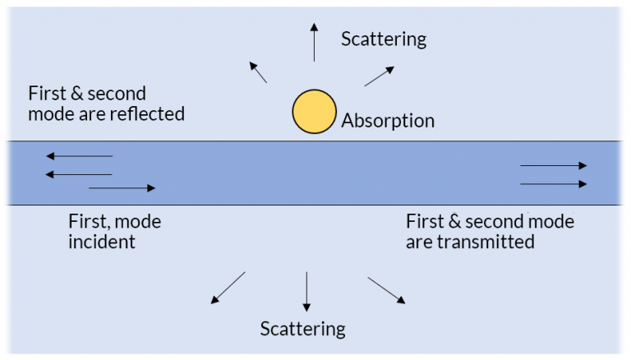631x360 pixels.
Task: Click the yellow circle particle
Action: click(314, 112)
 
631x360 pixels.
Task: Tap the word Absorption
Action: click(388, 122)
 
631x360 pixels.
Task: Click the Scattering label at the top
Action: click(384, 39)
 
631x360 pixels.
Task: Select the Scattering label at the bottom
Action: click(303, 329)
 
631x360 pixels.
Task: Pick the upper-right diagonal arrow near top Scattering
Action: click(376, 76)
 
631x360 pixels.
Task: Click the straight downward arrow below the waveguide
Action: click(306, 291)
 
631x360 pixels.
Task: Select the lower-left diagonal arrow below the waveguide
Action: click(228, 287)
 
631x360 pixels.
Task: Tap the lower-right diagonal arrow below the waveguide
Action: click(385, 290)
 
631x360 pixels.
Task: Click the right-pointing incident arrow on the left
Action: click(122, 188)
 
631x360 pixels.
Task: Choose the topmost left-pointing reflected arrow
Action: click(79, 155)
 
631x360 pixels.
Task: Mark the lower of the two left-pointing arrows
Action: click(79, 173)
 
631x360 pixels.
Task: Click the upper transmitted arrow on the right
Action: click(554, 165)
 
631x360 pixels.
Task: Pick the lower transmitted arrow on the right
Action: click(554, 183)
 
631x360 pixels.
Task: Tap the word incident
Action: click(102, 242)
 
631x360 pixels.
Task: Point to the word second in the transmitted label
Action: click(493, 221)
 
